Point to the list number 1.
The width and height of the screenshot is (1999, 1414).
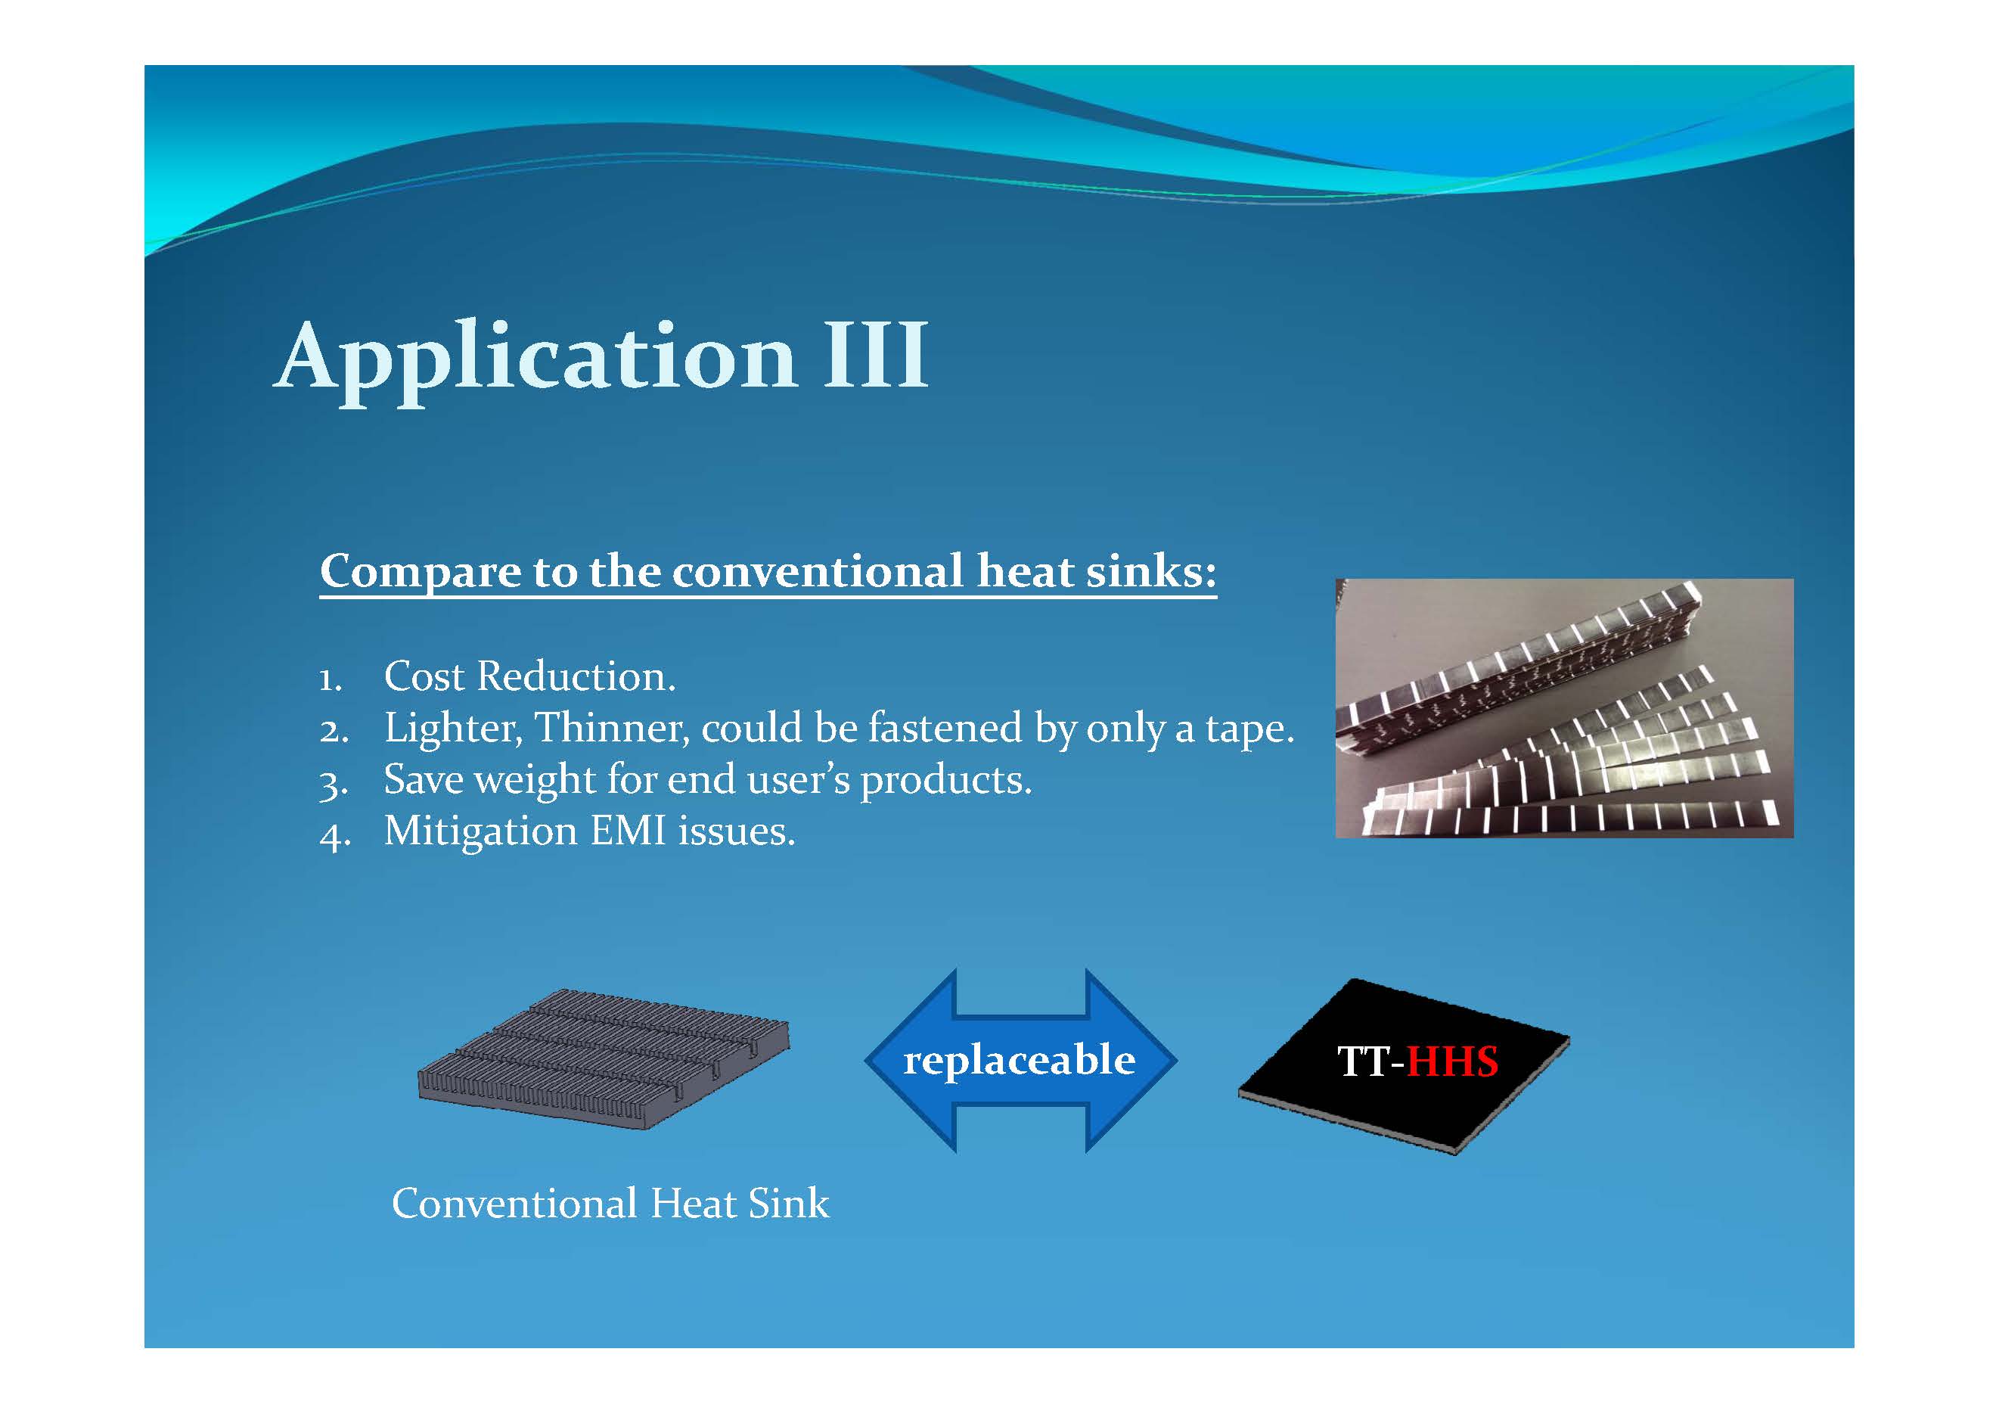pyautogui.click(x=330, y=679)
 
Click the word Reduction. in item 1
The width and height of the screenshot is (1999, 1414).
pyautogui.click(x=576, y=676)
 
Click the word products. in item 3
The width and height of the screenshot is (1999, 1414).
pyautogui.click(x=945, y=780)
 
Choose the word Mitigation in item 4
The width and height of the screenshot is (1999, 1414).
pyautogui.click(x=480, y=831)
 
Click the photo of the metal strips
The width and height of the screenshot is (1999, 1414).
pyautogui.click(x=1565, y=708)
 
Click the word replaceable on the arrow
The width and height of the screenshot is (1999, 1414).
pyautogui.click(x=1020, y=1061)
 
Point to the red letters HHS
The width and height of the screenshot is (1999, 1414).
pyautogui.click(x=1452, y=1061)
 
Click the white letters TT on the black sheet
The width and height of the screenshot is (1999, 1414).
pyautogui.click(x=1365, y=1061)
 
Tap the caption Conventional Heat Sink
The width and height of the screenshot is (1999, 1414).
pyautogui.click(x=610, y=1203)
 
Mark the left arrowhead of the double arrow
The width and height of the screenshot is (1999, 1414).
pyautogui.click(x=910, y=1061)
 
